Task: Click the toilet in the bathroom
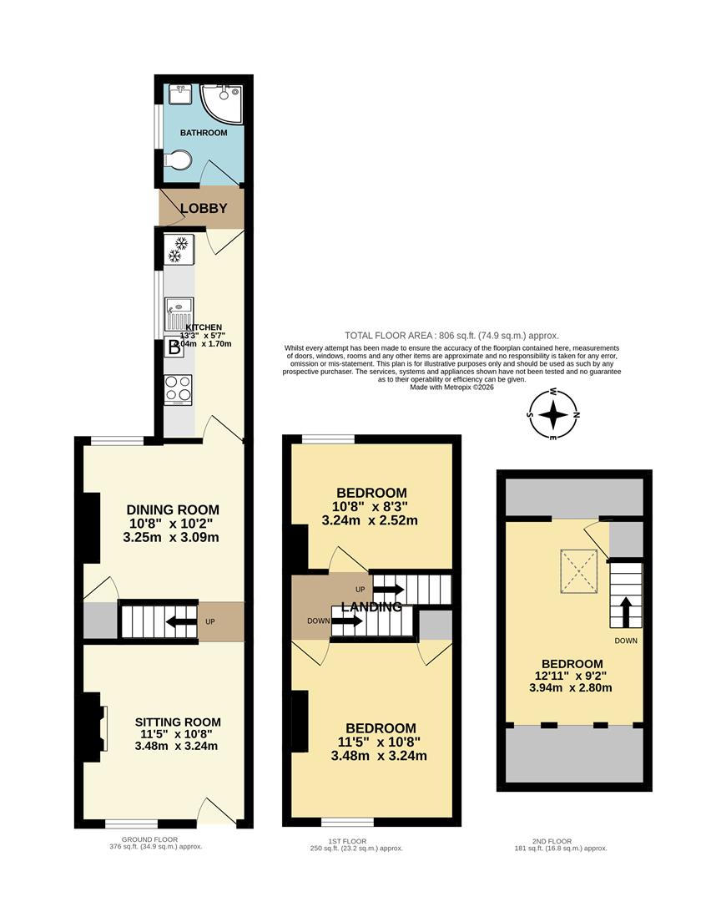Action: [x=175, y=160]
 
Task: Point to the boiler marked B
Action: [x=174, y=348]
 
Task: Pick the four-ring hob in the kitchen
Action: [x=178, y=389]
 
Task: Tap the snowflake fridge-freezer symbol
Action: [x=179, y=248]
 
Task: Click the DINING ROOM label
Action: [x=173, y=509]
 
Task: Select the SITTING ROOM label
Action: [x=179, y=722]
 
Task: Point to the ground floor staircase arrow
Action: [x=179, y=621]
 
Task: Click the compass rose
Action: [x=553, y=415]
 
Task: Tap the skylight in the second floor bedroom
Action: [x=578, y=566]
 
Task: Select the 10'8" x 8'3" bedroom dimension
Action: [x=371, y=506]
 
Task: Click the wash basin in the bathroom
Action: [x=178, y=93]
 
